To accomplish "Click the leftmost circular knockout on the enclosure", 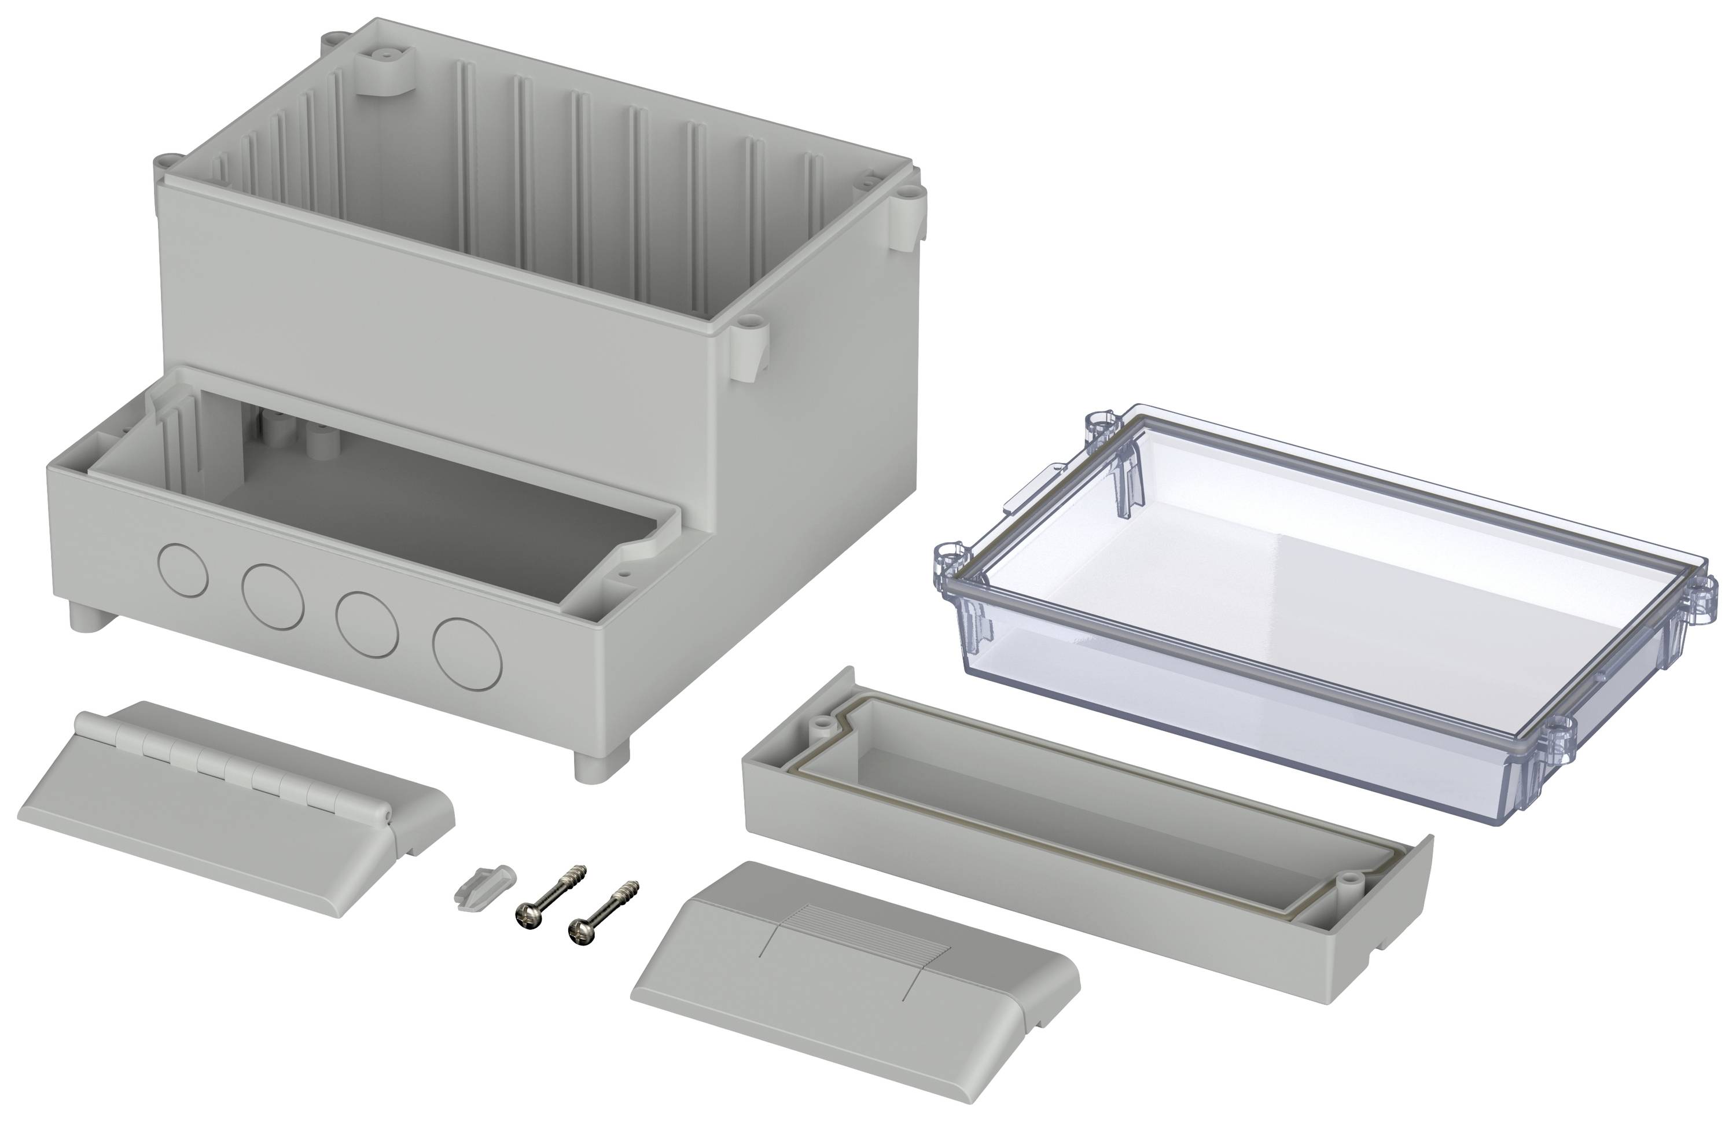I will (x=183, y=571).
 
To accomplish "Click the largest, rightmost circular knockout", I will (x=467, y=653).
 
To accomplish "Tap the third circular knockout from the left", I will (x=366, y=621).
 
